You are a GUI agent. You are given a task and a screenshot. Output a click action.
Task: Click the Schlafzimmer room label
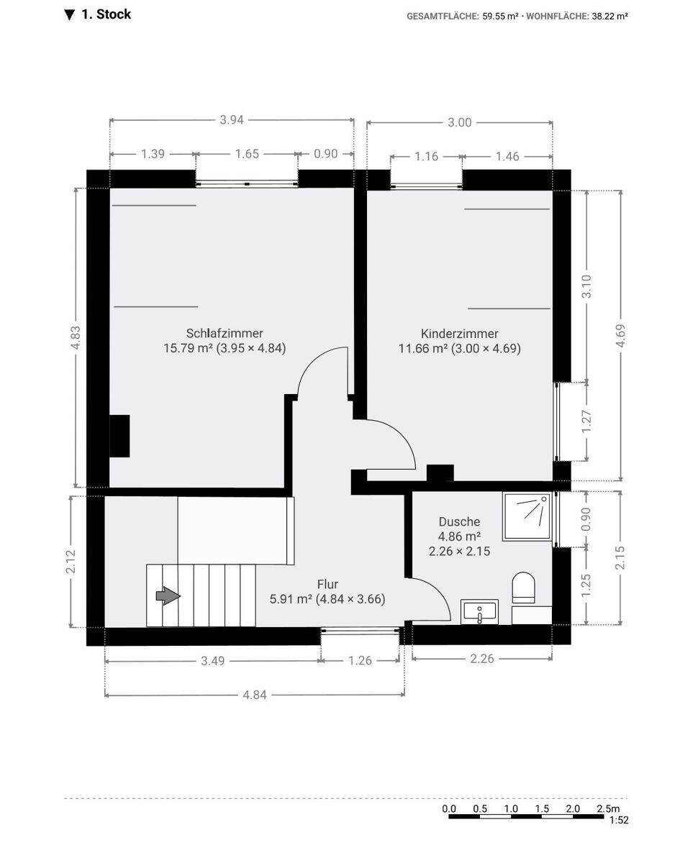[x=225, y=333]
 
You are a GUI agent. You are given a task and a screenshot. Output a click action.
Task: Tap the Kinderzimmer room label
[x=460, y=333]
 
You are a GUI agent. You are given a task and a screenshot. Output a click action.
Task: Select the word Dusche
[x=459, y=521]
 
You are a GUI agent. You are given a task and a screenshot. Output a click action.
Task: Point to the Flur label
[x=327, y=584]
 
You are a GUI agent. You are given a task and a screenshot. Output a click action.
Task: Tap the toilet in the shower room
[x=524, y=588]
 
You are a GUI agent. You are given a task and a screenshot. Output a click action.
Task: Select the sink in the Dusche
[x=479, y=612]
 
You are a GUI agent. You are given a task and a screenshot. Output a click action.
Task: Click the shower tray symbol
[x=527, y=516]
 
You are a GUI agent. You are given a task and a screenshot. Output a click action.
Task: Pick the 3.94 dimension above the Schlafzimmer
[x=232, y=120]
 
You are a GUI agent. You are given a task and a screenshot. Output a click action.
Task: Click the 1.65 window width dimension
[x=247, y=154]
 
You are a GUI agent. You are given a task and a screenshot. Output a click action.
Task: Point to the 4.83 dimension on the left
[x=76, y=337]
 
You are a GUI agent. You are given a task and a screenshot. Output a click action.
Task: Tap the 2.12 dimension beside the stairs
[x=71, y=562]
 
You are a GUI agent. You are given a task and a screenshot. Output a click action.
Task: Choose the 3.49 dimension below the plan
[x=212, y=661]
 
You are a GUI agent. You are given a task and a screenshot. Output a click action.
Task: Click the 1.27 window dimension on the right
[x=586, y=421]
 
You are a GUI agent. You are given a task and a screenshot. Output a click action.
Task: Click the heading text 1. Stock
[x=106, y=14]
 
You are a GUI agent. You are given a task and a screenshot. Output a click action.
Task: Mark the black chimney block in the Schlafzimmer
[x=119, y=436]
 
